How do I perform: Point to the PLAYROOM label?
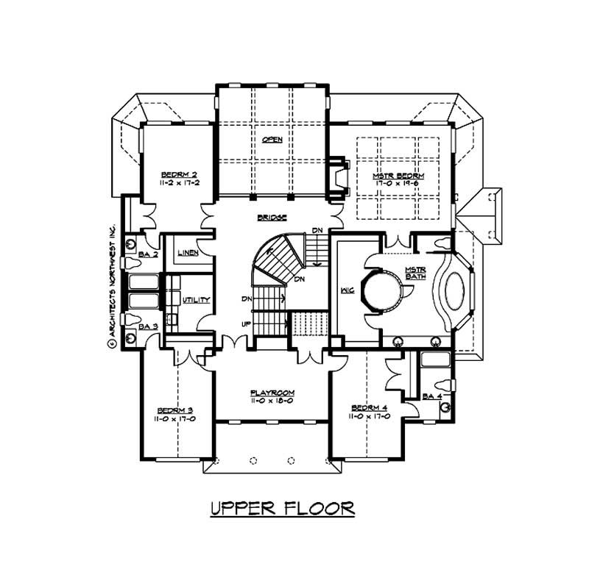(x=272, y=393)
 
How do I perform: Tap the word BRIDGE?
(x=272, y=218)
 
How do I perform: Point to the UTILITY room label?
(x=197, y=300)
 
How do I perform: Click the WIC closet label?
(x=348, y=290)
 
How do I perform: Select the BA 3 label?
(x=149, y=326)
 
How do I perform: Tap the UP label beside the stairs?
(x=246, y=324)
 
